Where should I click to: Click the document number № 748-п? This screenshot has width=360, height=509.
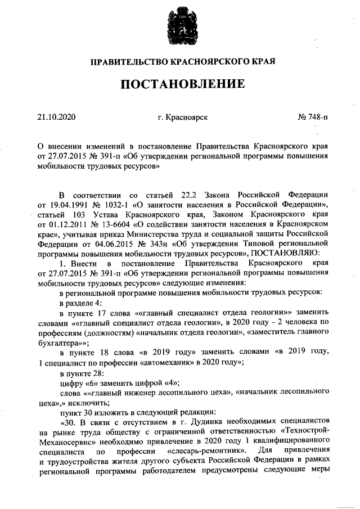pos(313,117)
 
